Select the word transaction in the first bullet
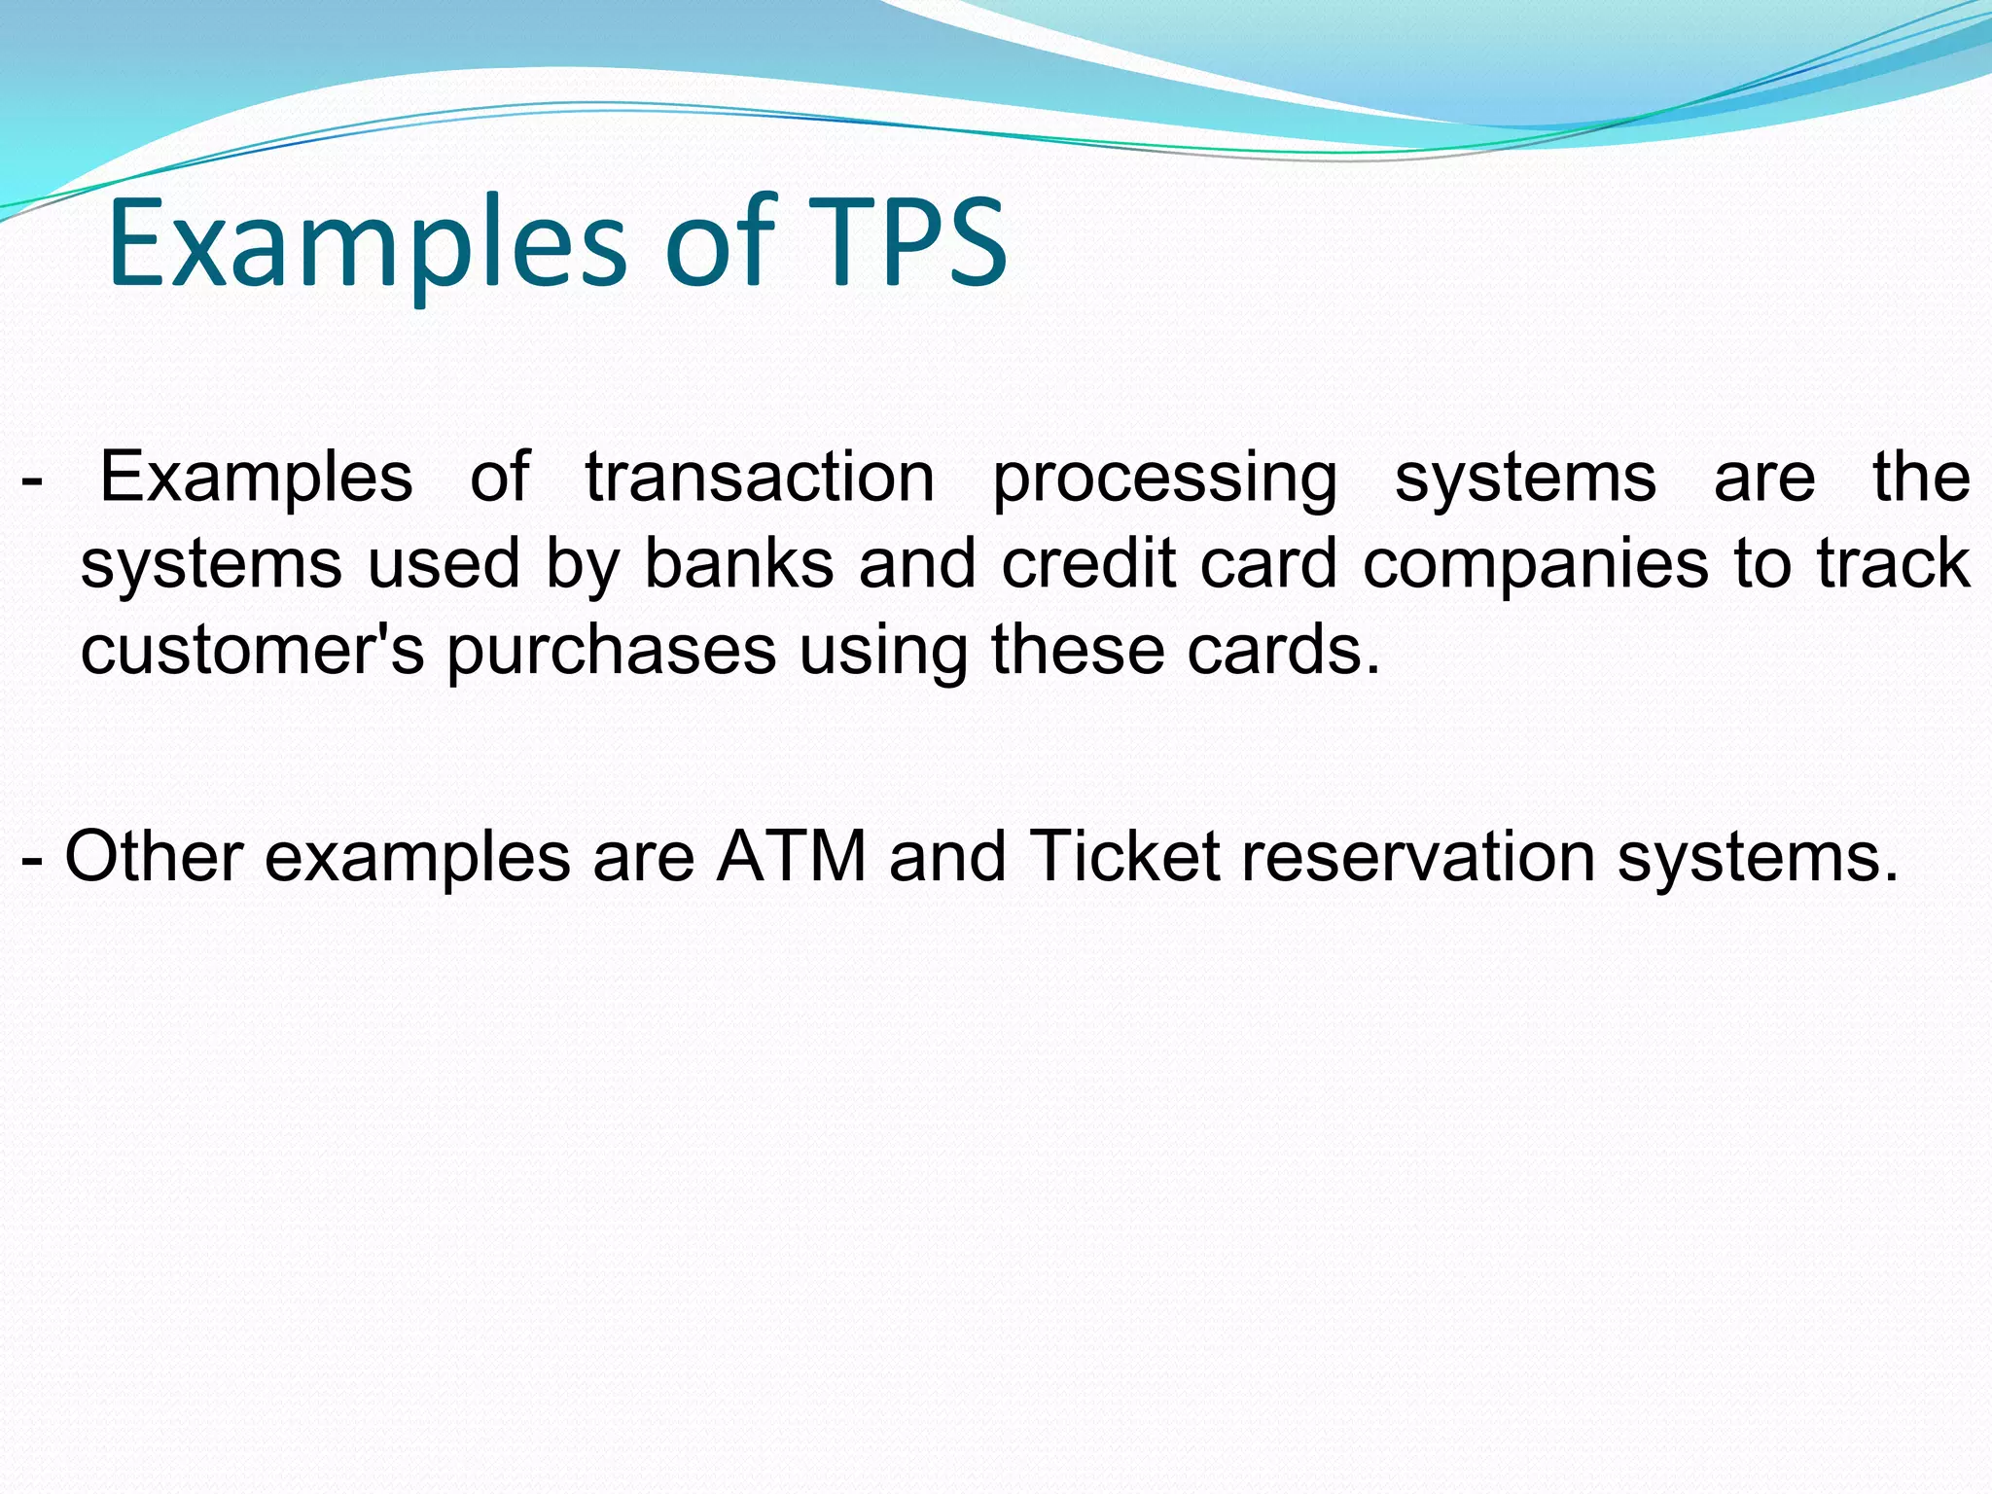coord(760,477)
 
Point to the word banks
coord(739,564)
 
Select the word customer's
coord(252,650)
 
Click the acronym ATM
coord(792,856)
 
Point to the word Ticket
coord(1123,856)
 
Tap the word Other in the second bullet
coord(154,856)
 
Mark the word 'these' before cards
coord(1078,650)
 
